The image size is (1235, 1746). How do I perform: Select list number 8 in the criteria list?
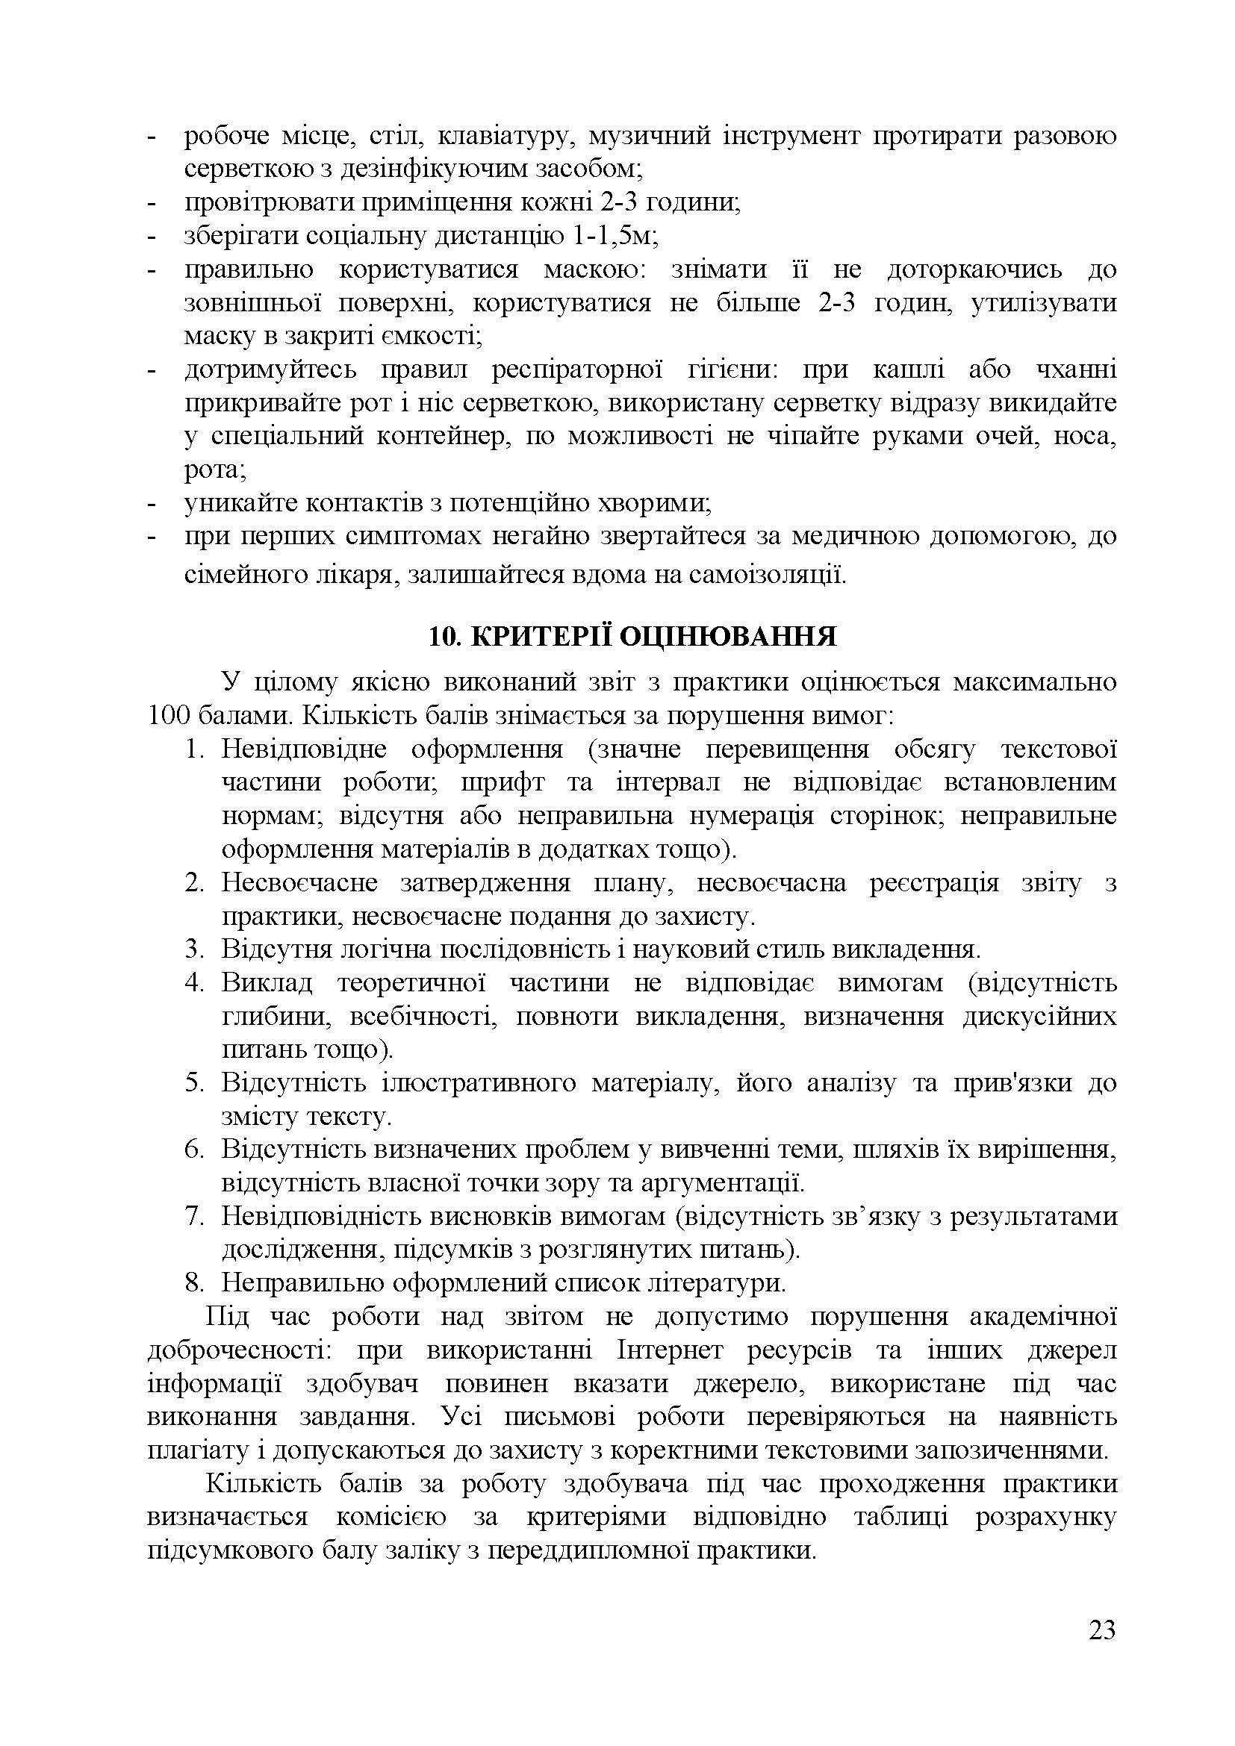pos(194,1283)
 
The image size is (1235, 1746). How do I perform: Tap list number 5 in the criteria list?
pos(194,1084)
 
